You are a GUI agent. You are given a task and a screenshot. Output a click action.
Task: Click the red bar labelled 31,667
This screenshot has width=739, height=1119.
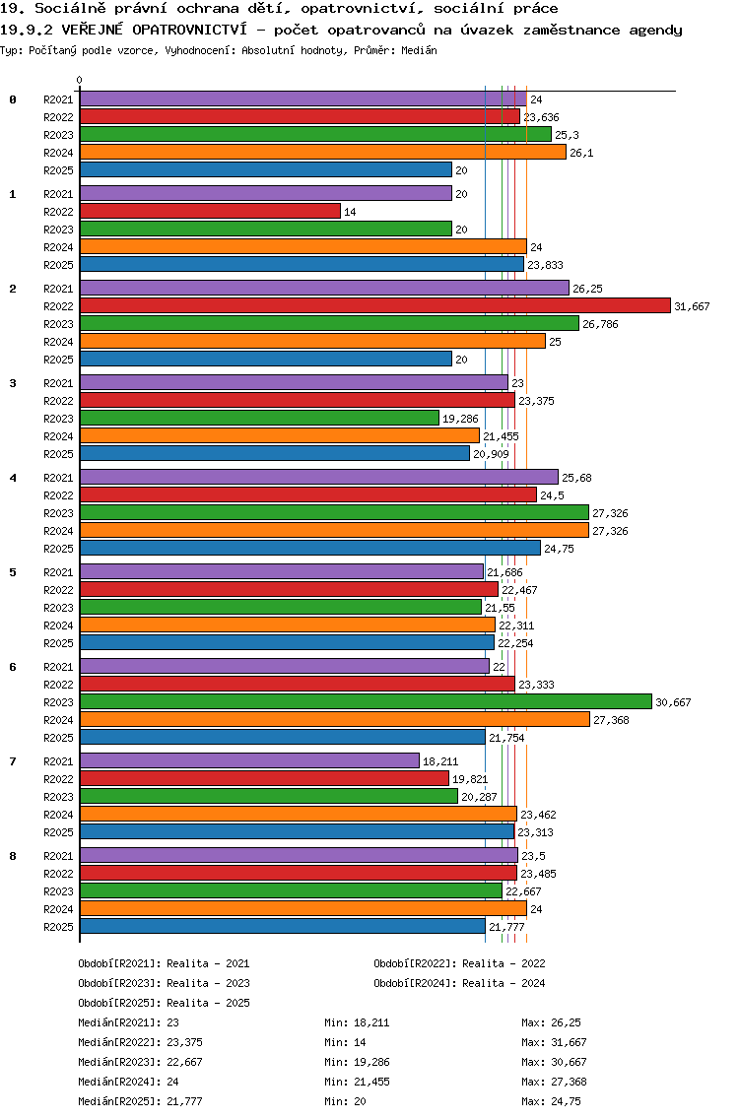point(374,306)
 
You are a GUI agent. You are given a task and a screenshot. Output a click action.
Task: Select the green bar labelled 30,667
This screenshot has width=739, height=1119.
point(366,701)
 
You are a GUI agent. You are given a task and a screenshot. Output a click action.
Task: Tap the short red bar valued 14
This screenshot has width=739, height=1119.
point(210,212)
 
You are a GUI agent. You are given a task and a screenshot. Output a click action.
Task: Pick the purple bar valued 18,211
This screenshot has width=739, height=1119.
point(249,760)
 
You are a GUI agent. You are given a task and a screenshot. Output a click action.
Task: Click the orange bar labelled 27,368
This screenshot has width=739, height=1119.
point(334,719)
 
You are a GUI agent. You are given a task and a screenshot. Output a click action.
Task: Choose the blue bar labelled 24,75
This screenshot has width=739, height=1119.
point(309,549)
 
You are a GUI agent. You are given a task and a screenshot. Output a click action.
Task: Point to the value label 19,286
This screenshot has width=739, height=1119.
point(459,419)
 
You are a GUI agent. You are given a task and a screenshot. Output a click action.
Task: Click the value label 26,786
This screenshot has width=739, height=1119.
point(600,324)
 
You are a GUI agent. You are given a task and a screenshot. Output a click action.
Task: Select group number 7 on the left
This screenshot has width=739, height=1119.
point(13,761)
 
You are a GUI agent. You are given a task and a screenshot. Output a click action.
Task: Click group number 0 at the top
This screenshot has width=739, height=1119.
point(13,99)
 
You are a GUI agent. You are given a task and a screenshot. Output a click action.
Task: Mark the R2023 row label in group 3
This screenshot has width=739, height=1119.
point(58,419)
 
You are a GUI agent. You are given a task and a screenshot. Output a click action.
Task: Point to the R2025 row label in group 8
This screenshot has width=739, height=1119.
point(58,927)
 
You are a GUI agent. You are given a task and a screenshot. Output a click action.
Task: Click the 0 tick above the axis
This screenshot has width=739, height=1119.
point(80,80)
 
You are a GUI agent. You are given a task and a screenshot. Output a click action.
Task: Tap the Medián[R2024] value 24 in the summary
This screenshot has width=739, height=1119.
point(172,1082)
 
